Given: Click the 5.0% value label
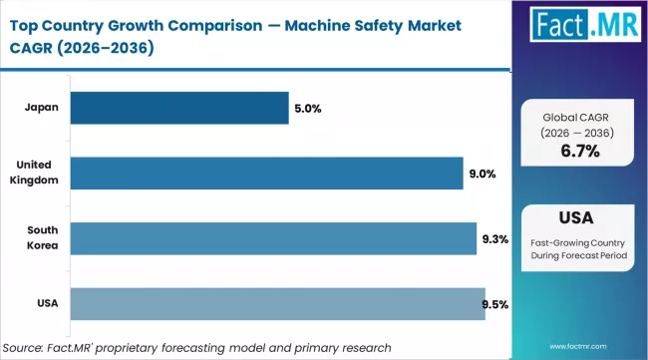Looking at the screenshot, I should point(307,108).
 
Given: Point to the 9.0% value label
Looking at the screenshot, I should point(482,173).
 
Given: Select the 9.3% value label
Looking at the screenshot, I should point(495,238).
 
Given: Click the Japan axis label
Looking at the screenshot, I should point(41,108).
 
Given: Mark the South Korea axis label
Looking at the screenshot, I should point(41,238).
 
